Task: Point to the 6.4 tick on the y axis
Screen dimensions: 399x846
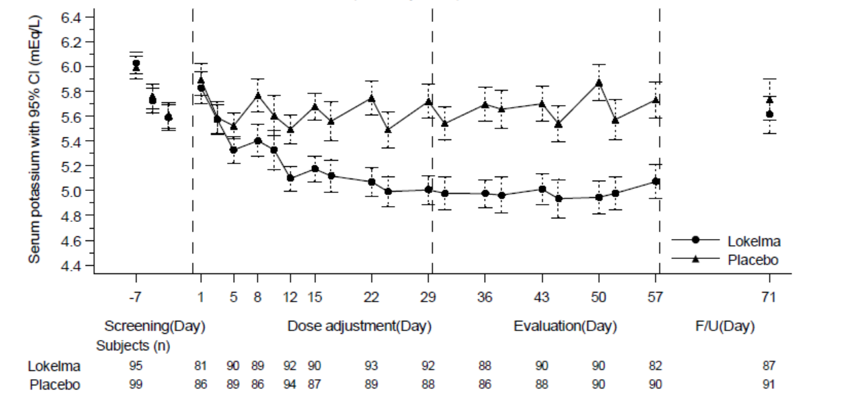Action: click(72, 16)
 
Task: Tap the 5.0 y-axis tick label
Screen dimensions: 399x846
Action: click(72, 190)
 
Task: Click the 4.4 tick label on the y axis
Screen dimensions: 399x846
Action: click(72, 265)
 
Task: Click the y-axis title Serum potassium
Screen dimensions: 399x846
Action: click(34, 137)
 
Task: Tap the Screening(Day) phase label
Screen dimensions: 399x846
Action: click(155, 326)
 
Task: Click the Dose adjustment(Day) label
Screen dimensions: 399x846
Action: click(359, 326)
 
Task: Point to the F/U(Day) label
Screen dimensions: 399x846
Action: click(725, 326)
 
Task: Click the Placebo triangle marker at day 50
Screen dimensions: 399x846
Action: click(599, 82)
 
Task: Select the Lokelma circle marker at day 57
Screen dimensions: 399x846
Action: click(656, 181)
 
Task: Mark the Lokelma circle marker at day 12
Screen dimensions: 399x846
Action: click(291, 178)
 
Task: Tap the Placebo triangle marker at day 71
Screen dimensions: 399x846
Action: click(770, 100)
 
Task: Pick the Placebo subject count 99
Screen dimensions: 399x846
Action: click(136, 385)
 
